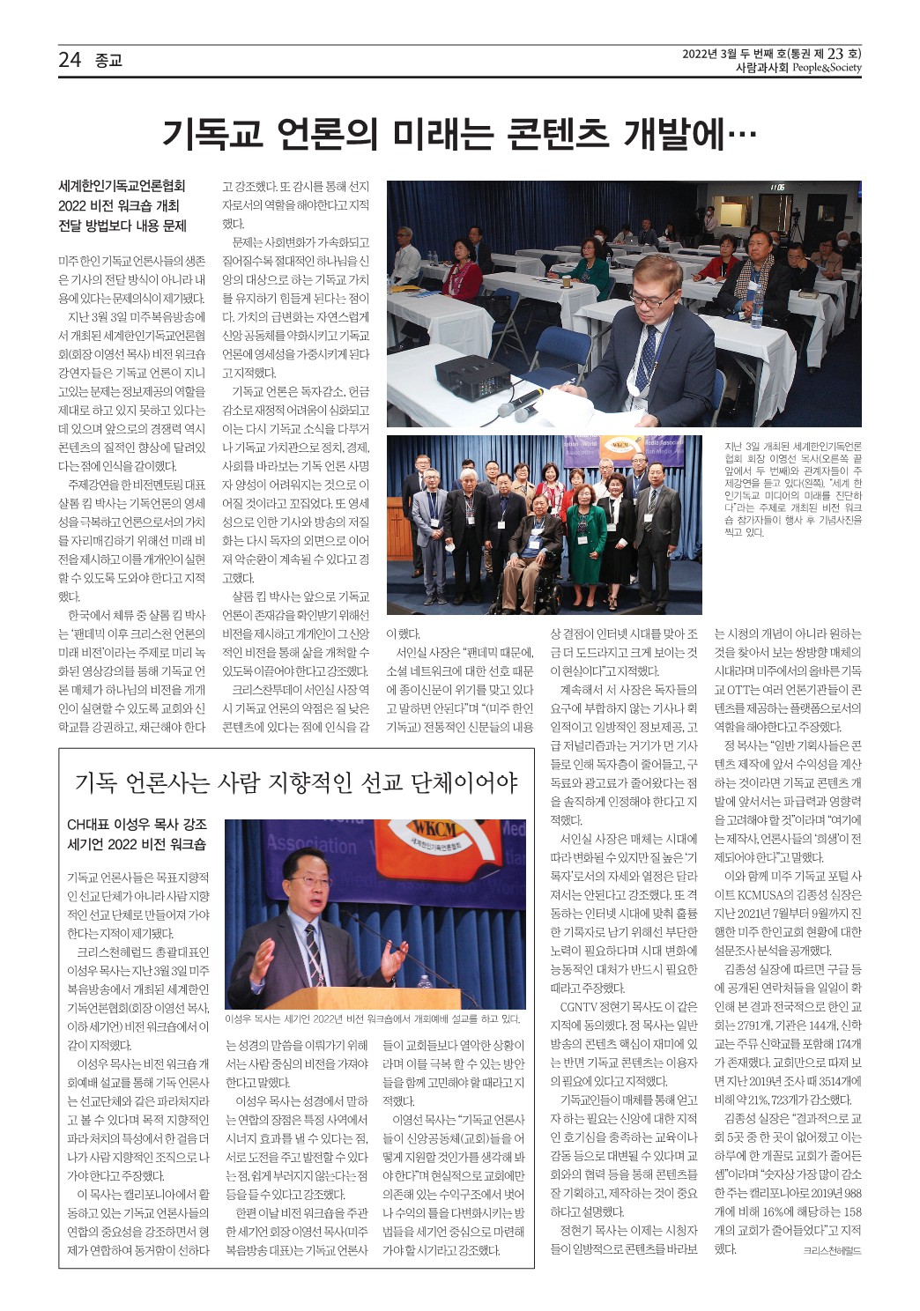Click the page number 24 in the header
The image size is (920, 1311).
(70, 60)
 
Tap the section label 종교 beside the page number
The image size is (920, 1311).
(108, 61)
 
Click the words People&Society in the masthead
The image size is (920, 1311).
(827, 68)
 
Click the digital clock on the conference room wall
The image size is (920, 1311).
(776, 188)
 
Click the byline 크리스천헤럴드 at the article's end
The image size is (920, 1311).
(832, 1250)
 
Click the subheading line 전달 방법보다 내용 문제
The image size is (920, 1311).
(122, 226)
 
